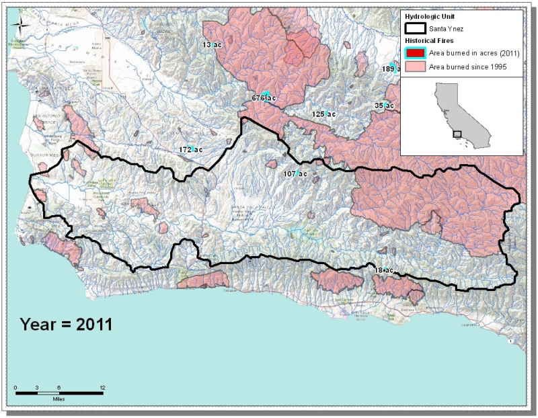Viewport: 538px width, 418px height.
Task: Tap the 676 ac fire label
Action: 264,99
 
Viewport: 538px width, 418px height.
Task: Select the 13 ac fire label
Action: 212,44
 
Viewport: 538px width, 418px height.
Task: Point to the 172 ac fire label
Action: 191,149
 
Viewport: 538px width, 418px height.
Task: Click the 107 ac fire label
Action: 295,174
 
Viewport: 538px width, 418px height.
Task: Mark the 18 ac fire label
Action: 383,270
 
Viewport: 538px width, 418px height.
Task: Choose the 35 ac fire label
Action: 384,106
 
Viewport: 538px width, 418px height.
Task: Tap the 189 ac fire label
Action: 391,69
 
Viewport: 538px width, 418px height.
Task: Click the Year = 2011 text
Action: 65,323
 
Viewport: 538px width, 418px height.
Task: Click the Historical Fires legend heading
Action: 426,40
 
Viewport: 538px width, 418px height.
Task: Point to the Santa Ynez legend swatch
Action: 415,28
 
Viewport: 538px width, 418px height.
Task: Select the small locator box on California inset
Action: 457,134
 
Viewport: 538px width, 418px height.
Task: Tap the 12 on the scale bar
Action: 102,387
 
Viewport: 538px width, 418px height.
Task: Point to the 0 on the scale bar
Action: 15,387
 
